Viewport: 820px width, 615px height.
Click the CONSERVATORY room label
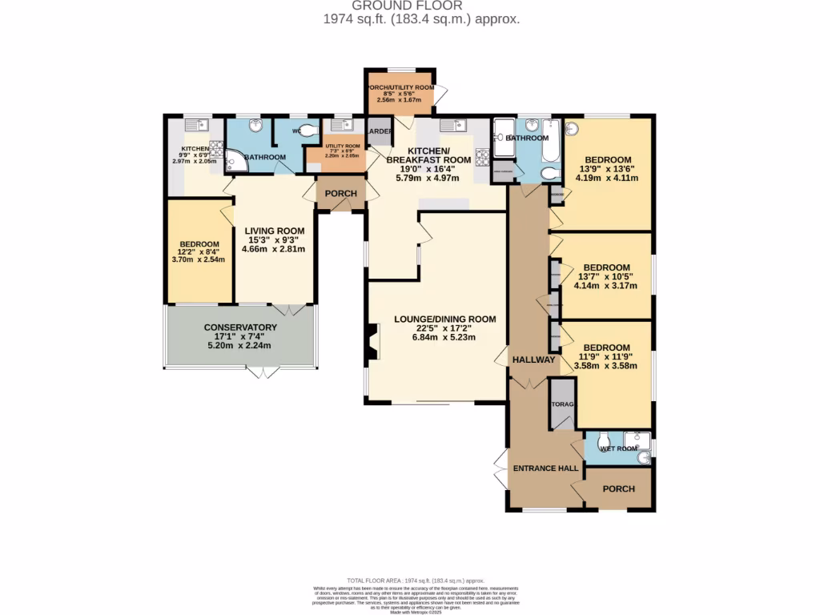[240, 328]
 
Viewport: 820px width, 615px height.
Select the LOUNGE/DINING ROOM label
[444, 319]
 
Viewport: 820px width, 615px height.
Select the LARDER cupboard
[379, 132]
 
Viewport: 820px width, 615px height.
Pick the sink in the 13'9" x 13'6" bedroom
[571, 128]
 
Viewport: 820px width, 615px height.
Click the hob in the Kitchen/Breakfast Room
[483, 157]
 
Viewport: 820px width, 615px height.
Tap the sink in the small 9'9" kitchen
[195, 125]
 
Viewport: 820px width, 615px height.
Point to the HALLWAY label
[533, 360]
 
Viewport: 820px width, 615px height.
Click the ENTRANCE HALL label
[545, 468]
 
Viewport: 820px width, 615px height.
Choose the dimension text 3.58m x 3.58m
[606, 366]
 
